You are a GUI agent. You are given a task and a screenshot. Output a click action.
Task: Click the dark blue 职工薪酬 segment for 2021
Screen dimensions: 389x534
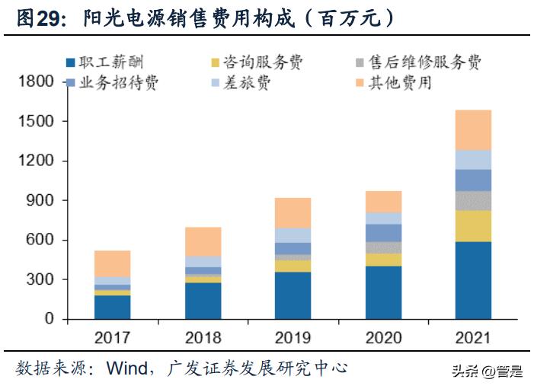(473, 280)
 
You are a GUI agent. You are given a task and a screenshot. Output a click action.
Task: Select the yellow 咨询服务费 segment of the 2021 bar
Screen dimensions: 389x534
(473, 226)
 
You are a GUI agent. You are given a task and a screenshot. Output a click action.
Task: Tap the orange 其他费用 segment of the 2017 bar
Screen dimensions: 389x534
(112, 263)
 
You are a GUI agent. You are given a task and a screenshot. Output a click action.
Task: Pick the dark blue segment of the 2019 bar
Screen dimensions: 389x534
(293, 295)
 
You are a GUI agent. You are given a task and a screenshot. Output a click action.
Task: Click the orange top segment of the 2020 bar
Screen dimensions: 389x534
(382, 202)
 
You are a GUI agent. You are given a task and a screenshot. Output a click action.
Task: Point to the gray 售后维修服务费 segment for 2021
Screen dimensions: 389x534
(473, 200)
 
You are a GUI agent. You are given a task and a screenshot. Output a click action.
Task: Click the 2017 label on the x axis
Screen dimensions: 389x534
(112, 337)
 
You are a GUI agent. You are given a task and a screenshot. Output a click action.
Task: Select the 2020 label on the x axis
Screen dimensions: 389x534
(382, 337)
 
